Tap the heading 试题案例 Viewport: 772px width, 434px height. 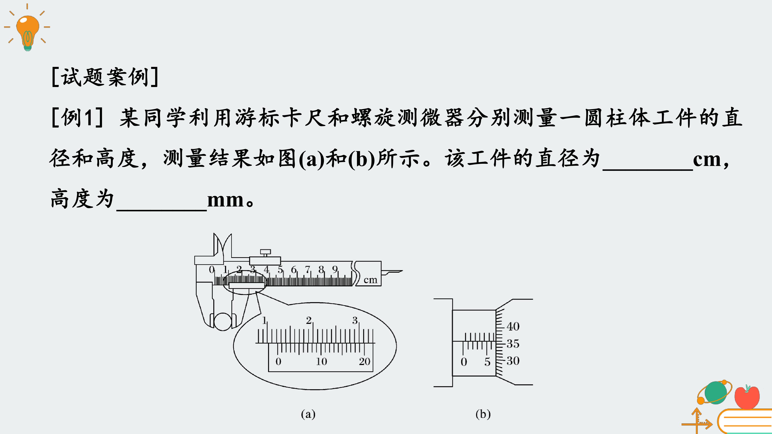(105, 77)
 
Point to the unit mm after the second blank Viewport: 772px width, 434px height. (225, 200)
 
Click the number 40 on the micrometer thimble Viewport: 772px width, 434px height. (513, 326)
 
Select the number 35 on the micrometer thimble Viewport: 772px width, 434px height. (513, 344)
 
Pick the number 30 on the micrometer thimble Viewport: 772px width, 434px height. (513, 361)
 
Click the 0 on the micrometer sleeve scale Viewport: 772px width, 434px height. (464, 362)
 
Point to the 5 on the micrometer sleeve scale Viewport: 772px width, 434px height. (487, 362)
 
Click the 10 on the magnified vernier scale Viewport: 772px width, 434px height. (321, 361)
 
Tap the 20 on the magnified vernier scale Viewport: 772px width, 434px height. (364, 361)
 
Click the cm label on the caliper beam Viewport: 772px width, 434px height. (370, 280)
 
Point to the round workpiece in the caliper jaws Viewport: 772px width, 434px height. (223, 321)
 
